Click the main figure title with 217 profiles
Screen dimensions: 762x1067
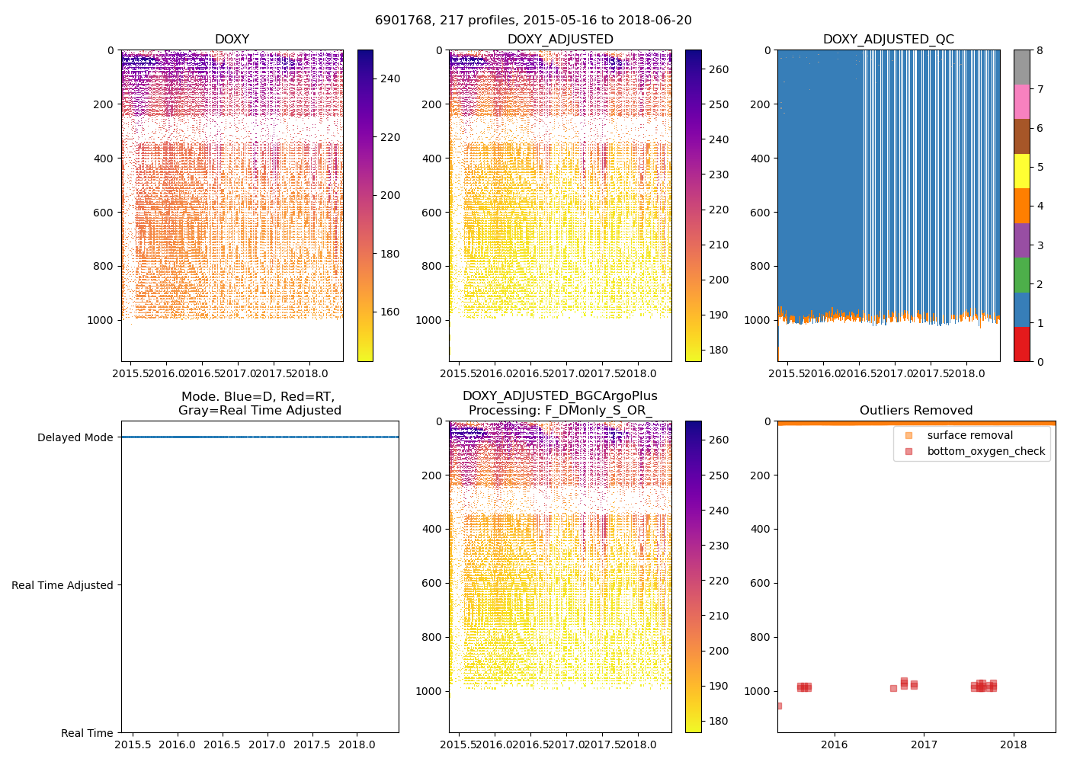tap(533, 21)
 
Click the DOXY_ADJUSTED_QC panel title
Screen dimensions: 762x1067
tap(888, 40)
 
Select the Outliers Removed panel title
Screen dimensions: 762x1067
tap(916, 411)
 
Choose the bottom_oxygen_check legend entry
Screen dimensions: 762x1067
tap(985, 451)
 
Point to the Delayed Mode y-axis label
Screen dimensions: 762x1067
tap(75, 437)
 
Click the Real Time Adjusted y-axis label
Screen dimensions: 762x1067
tap(62, 585)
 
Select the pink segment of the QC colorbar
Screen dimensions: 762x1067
tap(1021, 101)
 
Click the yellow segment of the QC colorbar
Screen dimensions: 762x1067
tap(1021, 171)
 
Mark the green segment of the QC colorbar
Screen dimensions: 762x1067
tap(1021, 274)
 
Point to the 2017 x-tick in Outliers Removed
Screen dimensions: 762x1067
tap(924, 744)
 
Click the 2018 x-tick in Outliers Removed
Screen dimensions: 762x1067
tap(1014, 744)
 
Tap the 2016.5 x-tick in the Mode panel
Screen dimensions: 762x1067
tap(222, 744)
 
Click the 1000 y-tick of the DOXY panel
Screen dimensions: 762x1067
tap(100, 320)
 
